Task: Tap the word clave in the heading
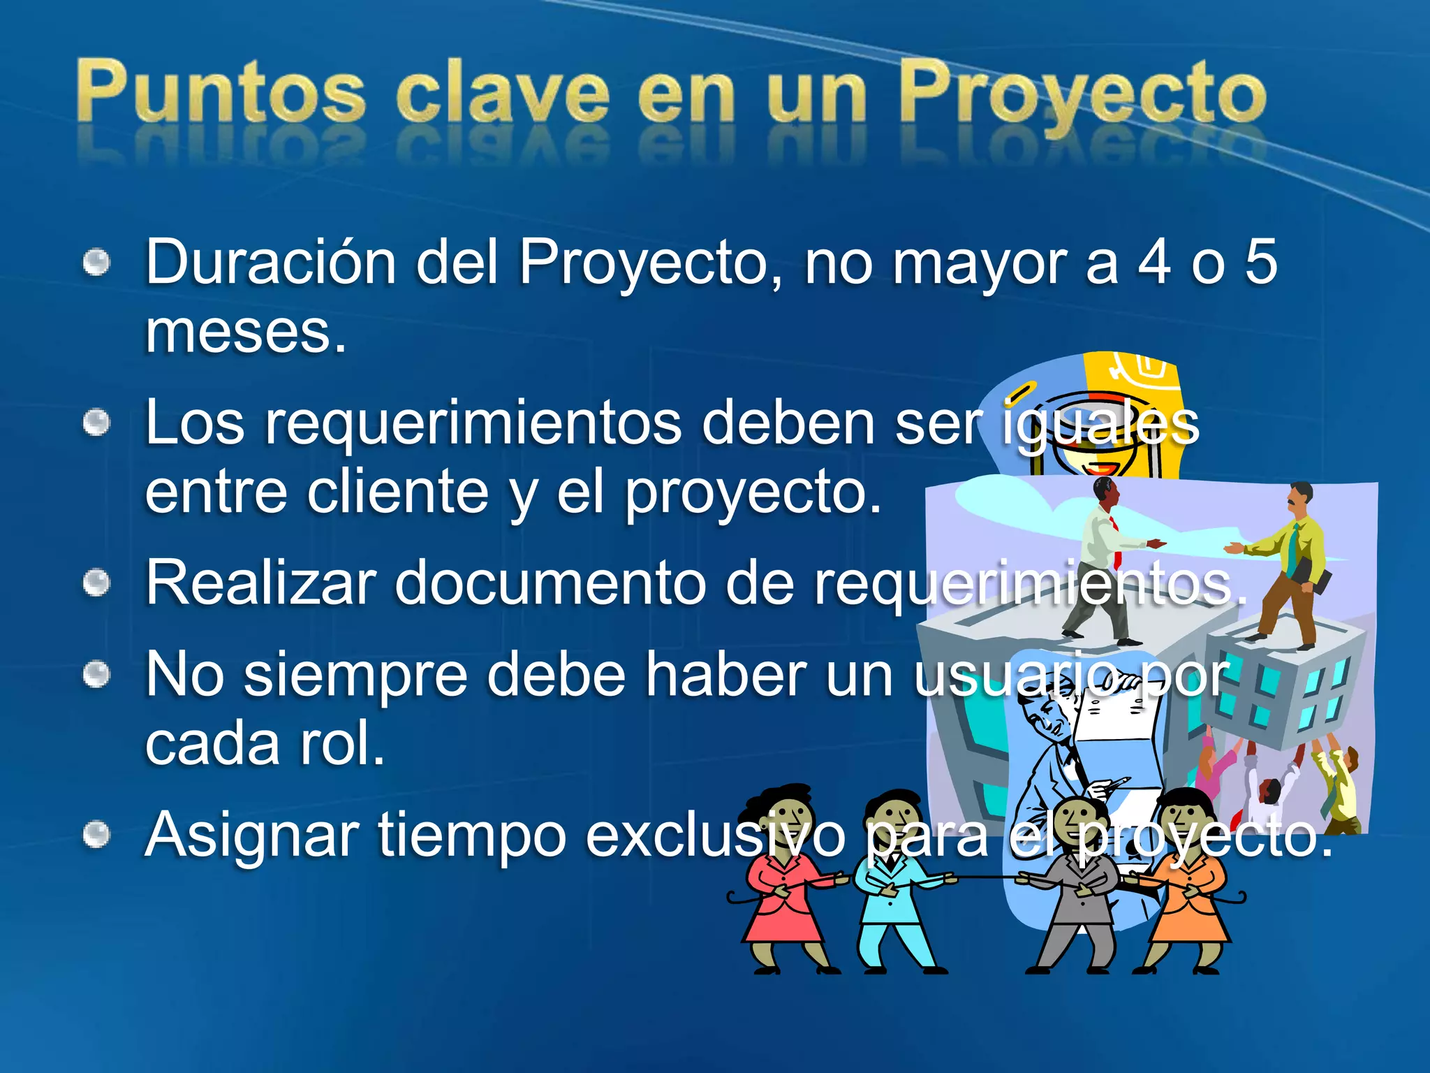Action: pyautogui.click(x=503, y=94)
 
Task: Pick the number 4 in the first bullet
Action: pyautogui.click(x=1153, y=263)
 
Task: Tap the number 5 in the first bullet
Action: pyautogui.click(x=1261, y=263)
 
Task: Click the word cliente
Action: pyautogui.click(x=397, y=492)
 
